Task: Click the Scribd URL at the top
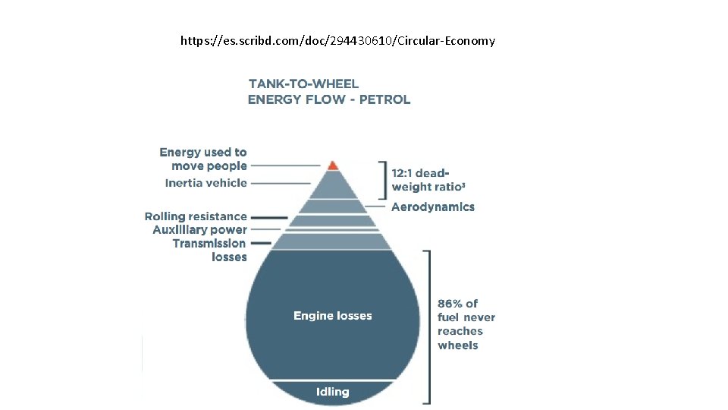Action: [x=337, y=40]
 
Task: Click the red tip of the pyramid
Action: [x=331, y=164]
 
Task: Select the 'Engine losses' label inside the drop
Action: [x=333, y=315]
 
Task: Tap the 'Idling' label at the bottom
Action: [x=333, y=392]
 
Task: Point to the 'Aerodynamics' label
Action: [x=433, y=207]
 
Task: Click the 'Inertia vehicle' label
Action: [x=206, y=183]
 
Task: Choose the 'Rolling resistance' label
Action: [x=196, y=216]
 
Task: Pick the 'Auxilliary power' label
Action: [x=199, y=229]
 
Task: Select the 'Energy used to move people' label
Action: [x=204, y=159]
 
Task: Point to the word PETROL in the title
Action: [x=385, y=99]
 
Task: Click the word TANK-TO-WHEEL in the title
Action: [x=303, y=84]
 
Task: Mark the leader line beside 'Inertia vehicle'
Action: [x=281, y=183]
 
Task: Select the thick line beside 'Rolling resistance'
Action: [x=269, y=217]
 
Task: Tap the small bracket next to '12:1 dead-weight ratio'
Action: [x=384, y=180]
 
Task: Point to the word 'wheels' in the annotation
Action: [x=458, y=345]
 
